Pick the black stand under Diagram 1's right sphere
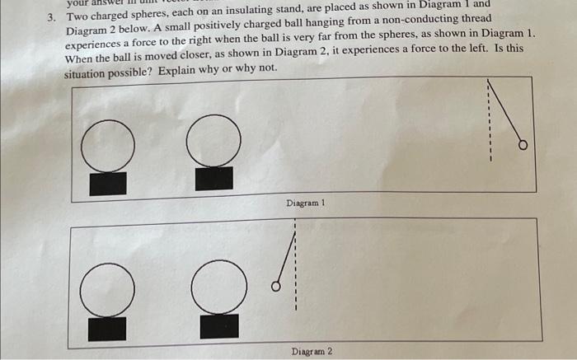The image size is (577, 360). click(x=213, y=178)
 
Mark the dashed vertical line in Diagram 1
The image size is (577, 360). click(x=489, y=124)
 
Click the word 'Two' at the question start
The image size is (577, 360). click(x=77, y=16)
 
